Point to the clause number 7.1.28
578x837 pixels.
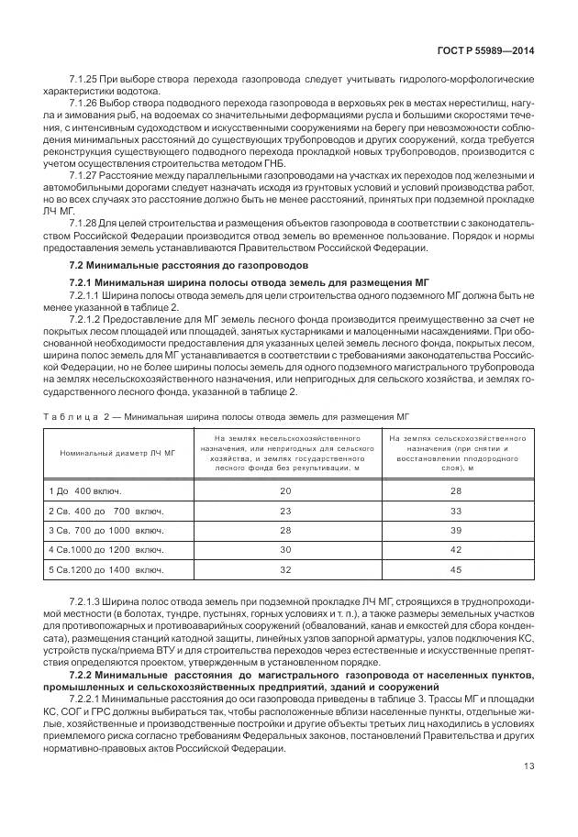point(83,223)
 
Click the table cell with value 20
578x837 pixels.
point(285,491)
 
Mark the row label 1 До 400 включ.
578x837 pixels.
point(84,491)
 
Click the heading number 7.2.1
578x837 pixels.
point(85,281)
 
